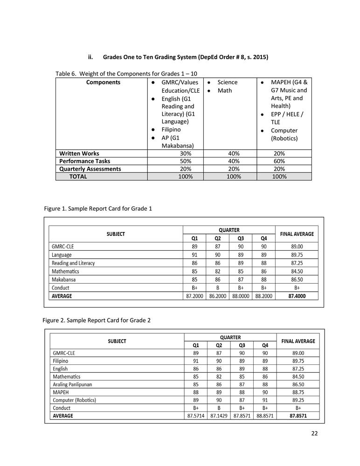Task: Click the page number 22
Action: pos(314,433)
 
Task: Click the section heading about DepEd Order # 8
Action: pos(185,57)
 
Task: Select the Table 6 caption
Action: pos(130,74)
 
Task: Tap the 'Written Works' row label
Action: pos(79,153)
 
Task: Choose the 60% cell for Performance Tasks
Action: pos(279,161)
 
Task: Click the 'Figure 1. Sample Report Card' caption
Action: pos(98,208)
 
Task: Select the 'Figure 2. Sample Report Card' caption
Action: pos(97,320)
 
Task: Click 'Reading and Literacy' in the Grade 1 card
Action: pos(73,263)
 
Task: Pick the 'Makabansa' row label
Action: pos(64,280)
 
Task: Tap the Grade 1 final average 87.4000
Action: pos(297,295)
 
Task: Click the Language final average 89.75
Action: pos(297,255)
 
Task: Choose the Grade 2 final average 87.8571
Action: pos(298,416)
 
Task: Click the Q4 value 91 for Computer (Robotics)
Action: pos(265,400)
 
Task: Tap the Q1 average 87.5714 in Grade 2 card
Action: pos(196,416)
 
